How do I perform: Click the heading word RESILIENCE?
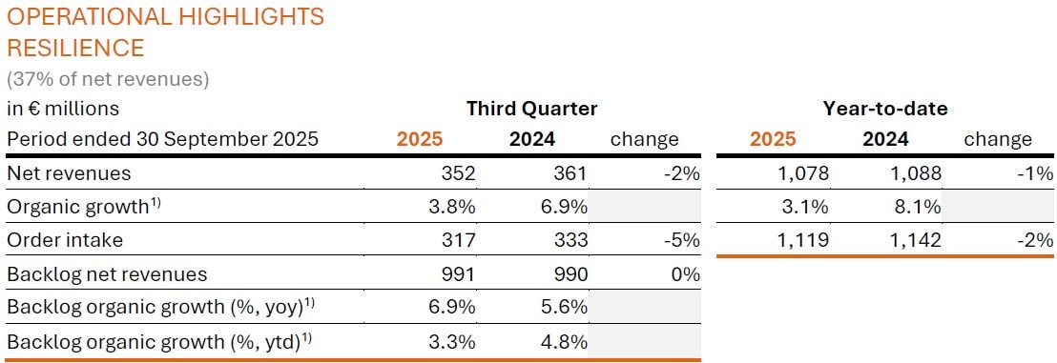click(x=75, y=48)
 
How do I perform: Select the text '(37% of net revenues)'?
click(x=108, y=78)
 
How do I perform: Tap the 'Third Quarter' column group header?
click(x=531, y=109)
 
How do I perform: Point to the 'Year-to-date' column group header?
click(x=885, y=109)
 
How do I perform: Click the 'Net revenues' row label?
click(x=69, y=173)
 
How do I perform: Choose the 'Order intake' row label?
click(x=65, y=239)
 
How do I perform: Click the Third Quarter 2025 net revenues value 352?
click(x=458, y=173)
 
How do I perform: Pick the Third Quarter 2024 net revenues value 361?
click(x=570, y=173)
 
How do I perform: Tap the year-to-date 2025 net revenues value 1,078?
click(x=802, y=173)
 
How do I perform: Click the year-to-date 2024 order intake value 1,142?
click(x=915, y=239)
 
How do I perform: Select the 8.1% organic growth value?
click(x=920, y=206)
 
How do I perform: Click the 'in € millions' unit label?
click(x=63, y=109)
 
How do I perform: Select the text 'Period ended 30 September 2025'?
click(x=162, y=139)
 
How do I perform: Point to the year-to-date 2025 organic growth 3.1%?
click(x=807, y=206)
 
